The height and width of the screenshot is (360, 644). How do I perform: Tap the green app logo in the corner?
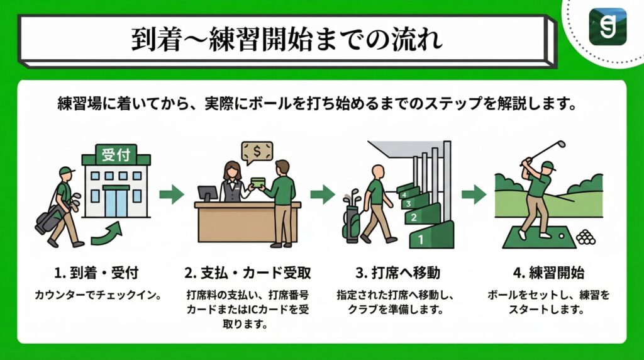pos(607,26)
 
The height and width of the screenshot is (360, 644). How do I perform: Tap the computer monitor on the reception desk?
pos(207,193)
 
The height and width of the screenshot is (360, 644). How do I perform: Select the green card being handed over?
pos(258,183)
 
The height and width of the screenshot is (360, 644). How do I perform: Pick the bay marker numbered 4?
pos(403,194)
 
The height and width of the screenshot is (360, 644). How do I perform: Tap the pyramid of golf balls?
pos(586,237)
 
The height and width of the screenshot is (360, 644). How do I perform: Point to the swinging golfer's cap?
pos(548,166)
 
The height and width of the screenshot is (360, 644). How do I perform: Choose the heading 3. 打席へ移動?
pos(396,274)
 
